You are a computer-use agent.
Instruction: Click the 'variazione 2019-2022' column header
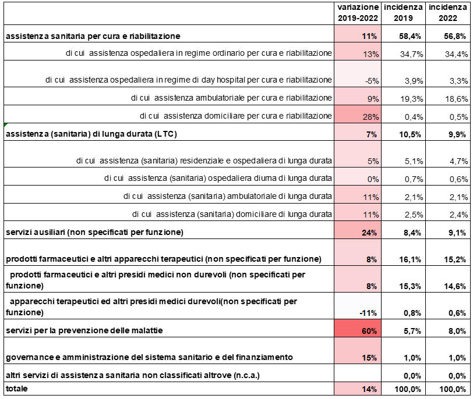click(x=358, y=13)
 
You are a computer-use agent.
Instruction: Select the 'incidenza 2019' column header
click(x=403, y=13)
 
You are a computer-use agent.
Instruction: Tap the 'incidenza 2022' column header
click(x=448, y=13)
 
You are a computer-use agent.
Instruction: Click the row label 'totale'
click(x=17, y=389)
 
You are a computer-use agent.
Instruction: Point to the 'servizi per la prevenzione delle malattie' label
click(x=84, y=330)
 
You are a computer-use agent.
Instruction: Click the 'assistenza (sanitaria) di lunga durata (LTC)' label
click(x=91, y=134)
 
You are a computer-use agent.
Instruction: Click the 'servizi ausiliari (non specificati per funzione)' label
click(x=94, y=232)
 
